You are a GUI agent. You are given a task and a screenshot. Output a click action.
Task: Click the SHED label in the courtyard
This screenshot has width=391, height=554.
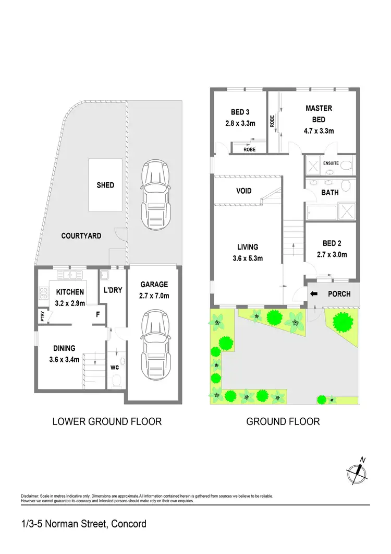[x=105, y=185]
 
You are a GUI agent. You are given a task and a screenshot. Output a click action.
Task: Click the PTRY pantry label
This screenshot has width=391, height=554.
[x=42, y=316]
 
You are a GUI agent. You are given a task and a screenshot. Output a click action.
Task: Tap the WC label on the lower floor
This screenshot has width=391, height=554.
[x=114, y=368]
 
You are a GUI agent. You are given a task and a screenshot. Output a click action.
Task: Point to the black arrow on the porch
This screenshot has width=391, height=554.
[x=313, y=294]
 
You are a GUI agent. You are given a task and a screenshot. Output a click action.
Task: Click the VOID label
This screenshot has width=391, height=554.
[x=243, y=191]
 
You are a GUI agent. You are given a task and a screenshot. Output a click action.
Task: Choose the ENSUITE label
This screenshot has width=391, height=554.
[x=331, y=163]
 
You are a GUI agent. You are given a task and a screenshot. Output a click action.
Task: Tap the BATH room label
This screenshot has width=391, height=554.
[x=329, y=193]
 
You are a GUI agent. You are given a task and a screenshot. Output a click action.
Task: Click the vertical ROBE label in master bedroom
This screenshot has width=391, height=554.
[x=272, y=122]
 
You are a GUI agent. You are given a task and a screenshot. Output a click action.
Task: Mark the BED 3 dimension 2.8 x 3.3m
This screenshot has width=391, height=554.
[x=236, y=124]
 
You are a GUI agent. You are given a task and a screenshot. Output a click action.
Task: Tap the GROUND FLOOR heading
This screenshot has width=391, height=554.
[x=283, y=421]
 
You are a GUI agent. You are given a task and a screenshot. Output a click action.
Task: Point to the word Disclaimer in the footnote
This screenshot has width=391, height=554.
[x=32, y=496]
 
